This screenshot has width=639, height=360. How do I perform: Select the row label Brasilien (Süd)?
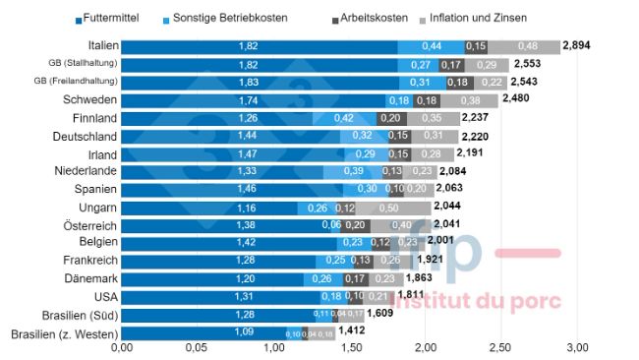pos(76,314)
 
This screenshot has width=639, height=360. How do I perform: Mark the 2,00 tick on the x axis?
pos(424,348)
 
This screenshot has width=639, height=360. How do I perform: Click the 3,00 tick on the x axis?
pos(575,348)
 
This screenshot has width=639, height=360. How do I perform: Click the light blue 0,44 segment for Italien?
pos(432,46)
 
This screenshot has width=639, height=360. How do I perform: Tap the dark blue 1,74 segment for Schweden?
pos(248,100)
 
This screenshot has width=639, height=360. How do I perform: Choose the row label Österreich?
pos(90,225)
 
